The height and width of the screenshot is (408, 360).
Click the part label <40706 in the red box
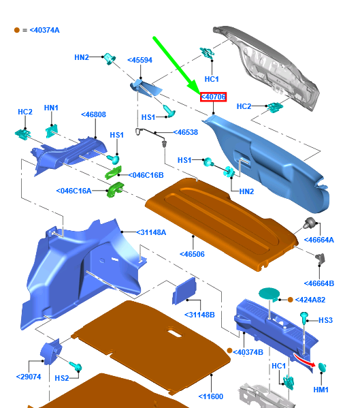213,97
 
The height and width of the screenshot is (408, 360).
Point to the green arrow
176,66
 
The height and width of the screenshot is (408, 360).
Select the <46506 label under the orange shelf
192,254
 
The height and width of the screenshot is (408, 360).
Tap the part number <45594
140,60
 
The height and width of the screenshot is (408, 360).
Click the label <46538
186,132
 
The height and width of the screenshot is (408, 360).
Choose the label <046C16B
146,175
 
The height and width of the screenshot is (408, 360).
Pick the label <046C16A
73,191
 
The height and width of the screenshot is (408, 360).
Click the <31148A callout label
151,232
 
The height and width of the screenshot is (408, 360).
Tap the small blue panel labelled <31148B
184,291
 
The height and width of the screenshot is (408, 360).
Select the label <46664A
319,240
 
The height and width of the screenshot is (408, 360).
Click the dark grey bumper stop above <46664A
310,223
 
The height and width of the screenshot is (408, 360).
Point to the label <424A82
310,300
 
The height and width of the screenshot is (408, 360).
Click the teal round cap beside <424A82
269,294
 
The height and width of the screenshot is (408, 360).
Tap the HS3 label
326,320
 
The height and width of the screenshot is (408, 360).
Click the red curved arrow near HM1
304,360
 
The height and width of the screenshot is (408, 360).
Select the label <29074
29,377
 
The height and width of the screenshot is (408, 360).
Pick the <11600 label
211,396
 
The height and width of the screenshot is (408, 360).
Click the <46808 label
94,114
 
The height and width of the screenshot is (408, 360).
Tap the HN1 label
51,108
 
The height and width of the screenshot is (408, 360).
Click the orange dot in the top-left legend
17,30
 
